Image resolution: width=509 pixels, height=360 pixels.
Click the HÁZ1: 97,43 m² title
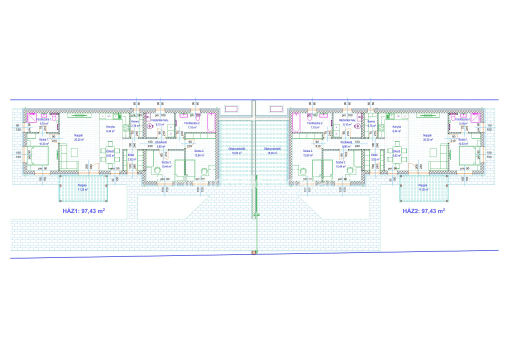(83, 211)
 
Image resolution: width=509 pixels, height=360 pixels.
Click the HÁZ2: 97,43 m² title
(424, 211)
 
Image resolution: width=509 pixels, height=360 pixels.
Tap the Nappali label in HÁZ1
(78, 135)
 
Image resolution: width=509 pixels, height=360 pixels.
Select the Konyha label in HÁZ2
(396, 127)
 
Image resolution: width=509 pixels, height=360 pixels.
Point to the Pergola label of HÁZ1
(82, 184)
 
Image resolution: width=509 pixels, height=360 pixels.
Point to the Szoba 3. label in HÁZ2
(340, 162)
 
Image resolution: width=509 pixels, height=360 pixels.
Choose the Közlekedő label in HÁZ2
(347, 142)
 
